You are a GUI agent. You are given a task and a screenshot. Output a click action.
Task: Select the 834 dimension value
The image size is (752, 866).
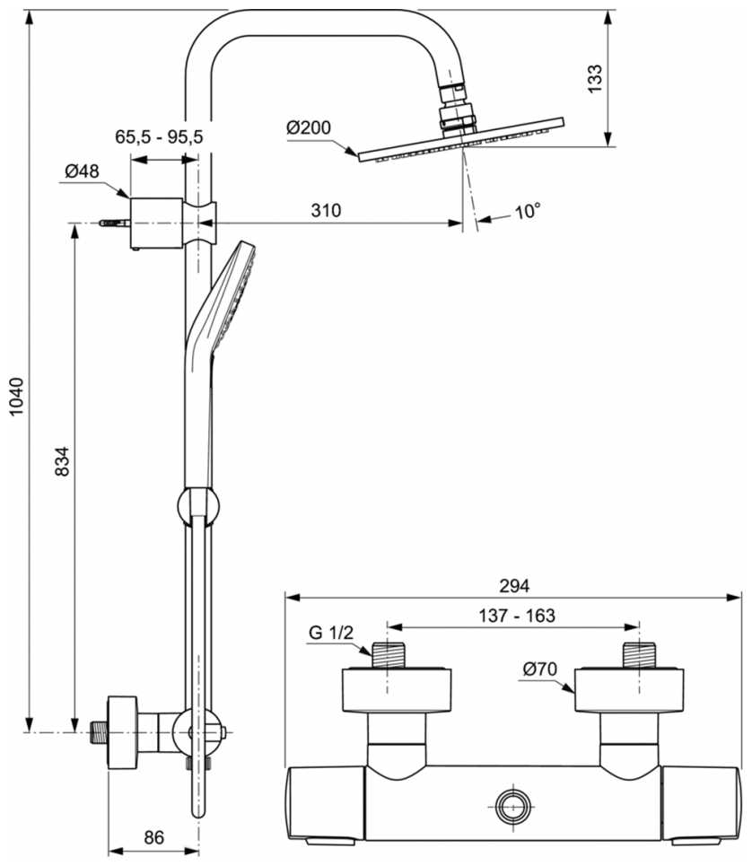coord(62,461)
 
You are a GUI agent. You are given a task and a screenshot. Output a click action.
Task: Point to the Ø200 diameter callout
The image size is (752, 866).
coord(308,127)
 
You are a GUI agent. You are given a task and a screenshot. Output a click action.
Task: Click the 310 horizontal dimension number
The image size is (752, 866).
coord(326,211)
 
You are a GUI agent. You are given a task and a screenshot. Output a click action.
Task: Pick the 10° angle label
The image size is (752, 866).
coord(529,213)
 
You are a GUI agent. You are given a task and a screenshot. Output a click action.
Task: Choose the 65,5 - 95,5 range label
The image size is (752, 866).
coord(160,136)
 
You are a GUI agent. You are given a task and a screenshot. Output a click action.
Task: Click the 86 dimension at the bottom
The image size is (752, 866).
coord(153,837)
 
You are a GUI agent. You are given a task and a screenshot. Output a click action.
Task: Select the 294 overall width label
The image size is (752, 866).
coord(513,585)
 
